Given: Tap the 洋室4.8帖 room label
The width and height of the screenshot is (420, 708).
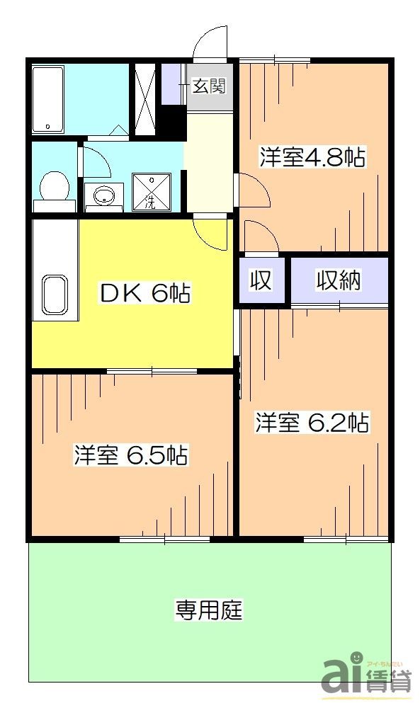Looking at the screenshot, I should pos(311,157).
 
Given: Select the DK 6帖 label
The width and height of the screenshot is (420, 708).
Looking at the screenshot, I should pos(144,293).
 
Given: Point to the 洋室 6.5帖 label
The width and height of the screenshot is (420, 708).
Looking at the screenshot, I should pos(131,456).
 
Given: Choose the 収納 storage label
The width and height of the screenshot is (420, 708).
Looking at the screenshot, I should pos(339,280).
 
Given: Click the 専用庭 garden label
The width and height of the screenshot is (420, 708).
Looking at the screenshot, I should pos(209,609).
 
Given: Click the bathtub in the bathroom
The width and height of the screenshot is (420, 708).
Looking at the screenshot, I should pos(48,99).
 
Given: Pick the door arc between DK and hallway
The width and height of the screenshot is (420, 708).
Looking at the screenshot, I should pos(211,232).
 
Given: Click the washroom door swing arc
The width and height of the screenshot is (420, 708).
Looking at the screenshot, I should pos(96,162).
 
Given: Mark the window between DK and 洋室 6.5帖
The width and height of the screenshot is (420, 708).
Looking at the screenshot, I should pos(152,370).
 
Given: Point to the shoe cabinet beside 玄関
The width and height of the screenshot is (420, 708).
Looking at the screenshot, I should pos(171,84).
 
